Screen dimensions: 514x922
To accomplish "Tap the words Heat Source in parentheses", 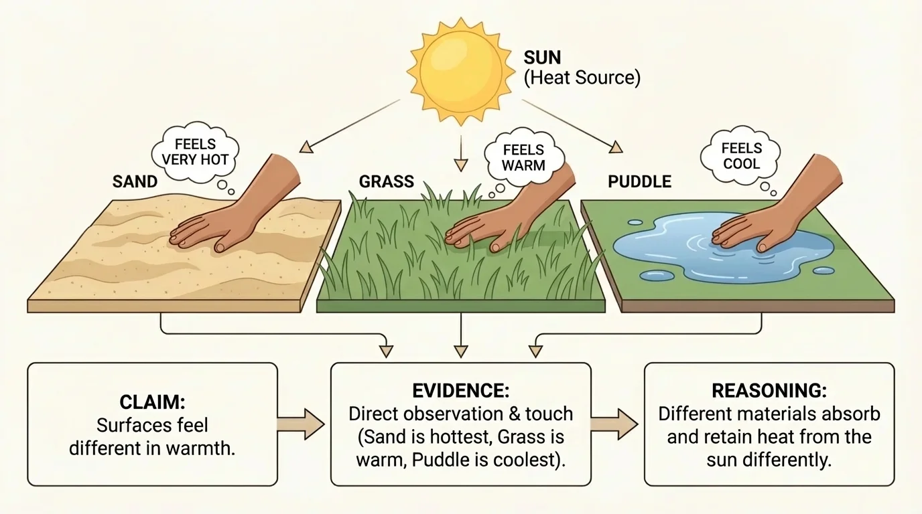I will [x=582, y=78].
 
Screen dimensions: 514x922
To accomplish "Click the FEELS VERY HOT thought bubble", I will [x=195, y=152].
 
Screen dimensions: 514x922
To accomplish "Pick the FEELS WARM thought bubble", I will [x=523, y=157].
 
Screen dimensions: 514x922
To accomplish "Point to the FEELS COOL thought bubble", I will [x=741, y=156].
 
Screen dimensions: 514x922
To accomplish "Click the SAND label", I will [x=135, y=181].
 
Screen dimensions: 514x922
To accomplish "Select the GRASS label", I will [x=386, y=181].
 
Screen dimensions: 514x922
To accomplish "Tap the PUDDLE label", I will [x=639, y=181].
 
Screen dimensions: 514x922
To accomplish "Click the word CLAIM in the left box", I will [x=152, y=403].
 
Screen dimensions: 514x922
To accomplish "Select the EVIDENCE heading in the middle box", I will [x=460, y=392].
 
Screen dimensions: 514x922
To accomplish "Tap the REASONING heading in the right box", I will [x=769, y=392].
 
